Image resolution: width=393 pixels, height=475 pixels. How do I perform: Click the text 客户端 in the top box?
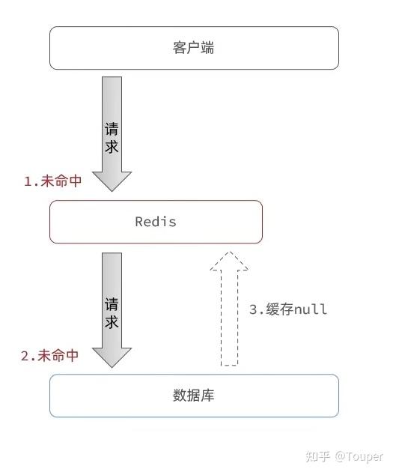194,48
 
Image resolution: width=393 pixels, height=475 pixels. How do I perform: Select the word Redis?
156,222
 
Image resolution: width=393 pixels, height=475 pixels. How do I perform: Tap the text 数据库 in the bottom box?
194,395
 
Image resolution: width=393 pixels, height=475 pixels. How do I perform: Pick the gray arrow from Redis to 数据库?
111,307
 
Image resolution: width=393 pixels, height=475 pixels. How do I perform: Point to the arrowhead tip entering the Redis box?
111,190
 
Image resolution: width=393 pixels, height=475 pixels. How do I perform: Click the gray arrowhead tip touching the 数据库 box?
111,366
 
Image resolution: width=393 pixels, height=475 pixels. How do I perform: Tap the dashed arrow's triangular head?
229,261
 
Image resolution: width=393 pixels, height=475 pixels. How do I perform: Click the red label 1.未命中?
52,181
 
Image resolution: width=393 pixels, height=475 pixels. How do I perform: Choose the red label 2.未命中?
49,356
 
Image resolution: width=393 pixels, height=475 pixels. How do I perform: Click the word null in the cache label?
311,309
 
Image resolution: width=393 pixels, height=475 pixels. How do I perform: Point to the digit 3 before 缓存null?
254,309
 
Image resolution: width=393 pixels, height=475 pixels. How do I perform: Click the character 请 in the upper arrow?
111,129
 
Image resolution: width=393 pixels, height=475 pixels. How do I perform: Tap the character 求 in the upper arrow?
111,147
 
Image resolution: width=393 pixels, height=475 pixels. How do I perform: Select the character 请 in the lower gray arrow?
111,305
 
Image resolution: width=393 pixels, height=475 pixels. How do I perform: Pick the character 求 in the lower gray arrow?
111,323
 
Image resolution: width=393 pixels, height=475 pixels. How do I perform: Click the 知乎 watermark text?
314,456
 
